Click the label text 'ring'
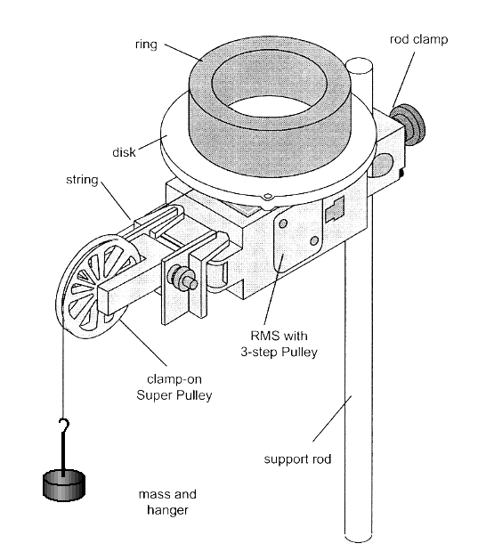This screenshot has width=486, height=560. click(146, 45)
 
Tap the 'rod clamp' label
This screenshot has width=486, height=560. click(418, 39)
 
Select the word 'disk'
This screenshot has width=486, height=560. click(124, 152)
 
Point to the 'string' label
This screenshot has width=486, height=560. click(82, 179)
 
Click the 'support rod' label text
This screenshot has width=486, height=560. click(297, 459)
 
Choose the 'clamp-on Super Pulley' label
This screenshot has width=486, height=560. click(174, 386)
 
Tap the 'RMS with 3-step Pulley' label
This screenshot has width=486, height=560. click(279, 344)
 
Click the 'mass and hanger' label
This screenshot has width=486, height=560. click(167, 502)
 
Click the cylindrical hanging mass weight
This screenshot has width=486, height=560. click(64, 485)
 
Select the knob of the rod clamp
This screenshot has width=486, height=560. click(408, 125)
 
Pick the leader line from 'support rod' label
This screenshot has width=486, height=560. click(332, 418)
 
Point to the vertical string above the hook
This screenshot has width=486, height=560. click(63, 368)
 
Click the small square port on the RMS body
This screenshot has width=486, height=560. click(335, 208)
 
